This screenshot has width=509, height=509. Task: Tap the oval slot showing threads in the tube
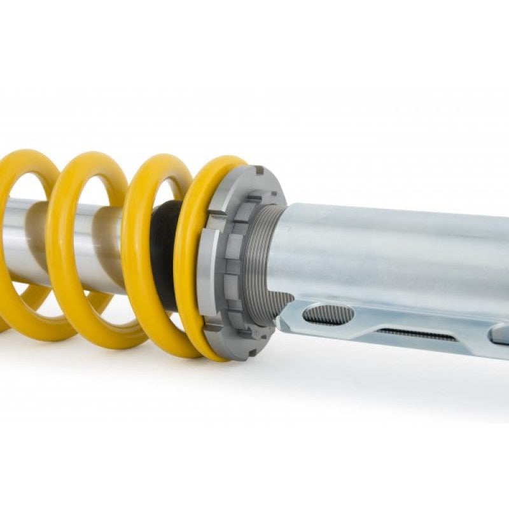328,313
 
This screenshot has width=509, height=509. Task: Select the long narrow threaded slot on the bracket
416,334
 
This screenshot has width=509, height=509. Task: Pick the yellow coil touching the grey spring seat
191,267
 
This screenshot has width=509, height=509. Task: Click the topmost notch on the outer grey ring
258,171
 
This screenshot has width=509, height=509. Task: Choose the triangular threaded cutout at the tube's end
280,303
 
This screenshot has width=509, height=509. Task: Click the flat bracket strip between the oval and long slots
369,321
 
